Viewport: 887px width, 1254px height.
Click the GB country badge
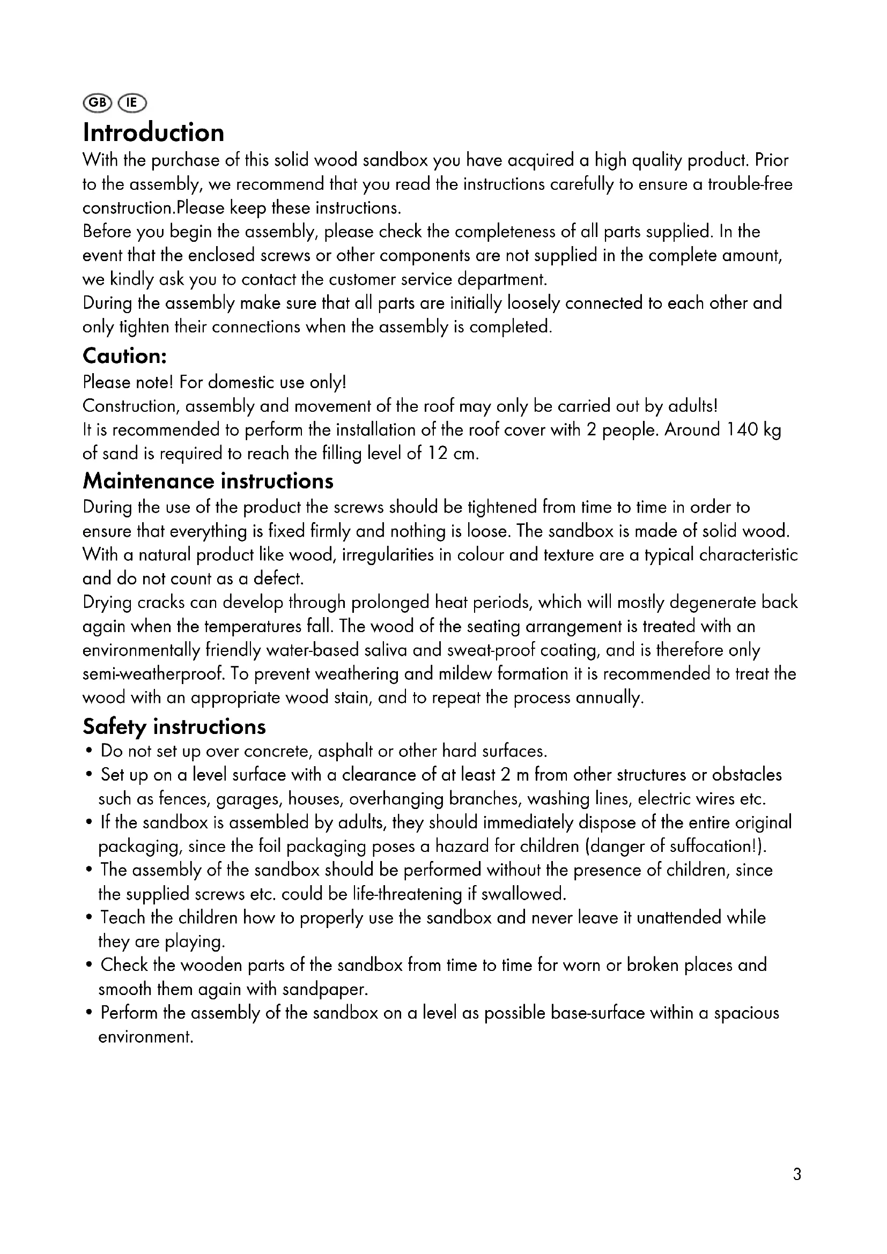[x=97, y=102]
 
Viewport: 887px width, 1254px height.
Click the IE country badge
[x=132, y=102]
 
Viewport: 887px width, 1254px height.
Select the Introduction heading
[x=153, y=133]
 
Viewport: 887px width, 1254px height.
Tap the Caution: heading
[x=124, y=356]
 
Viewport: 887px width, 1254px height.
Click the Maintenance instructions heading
[x=208, y=481]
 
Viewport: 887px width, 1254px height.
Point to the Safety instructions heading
[x=174, y=726]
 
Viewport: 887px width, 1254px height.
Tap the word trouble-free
[x=750, y=184]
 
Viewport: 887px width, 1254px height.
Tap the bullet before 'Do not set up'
[x=89, y=752]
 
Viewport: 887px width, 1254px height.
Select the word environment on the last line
[x=145, y=1037]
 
